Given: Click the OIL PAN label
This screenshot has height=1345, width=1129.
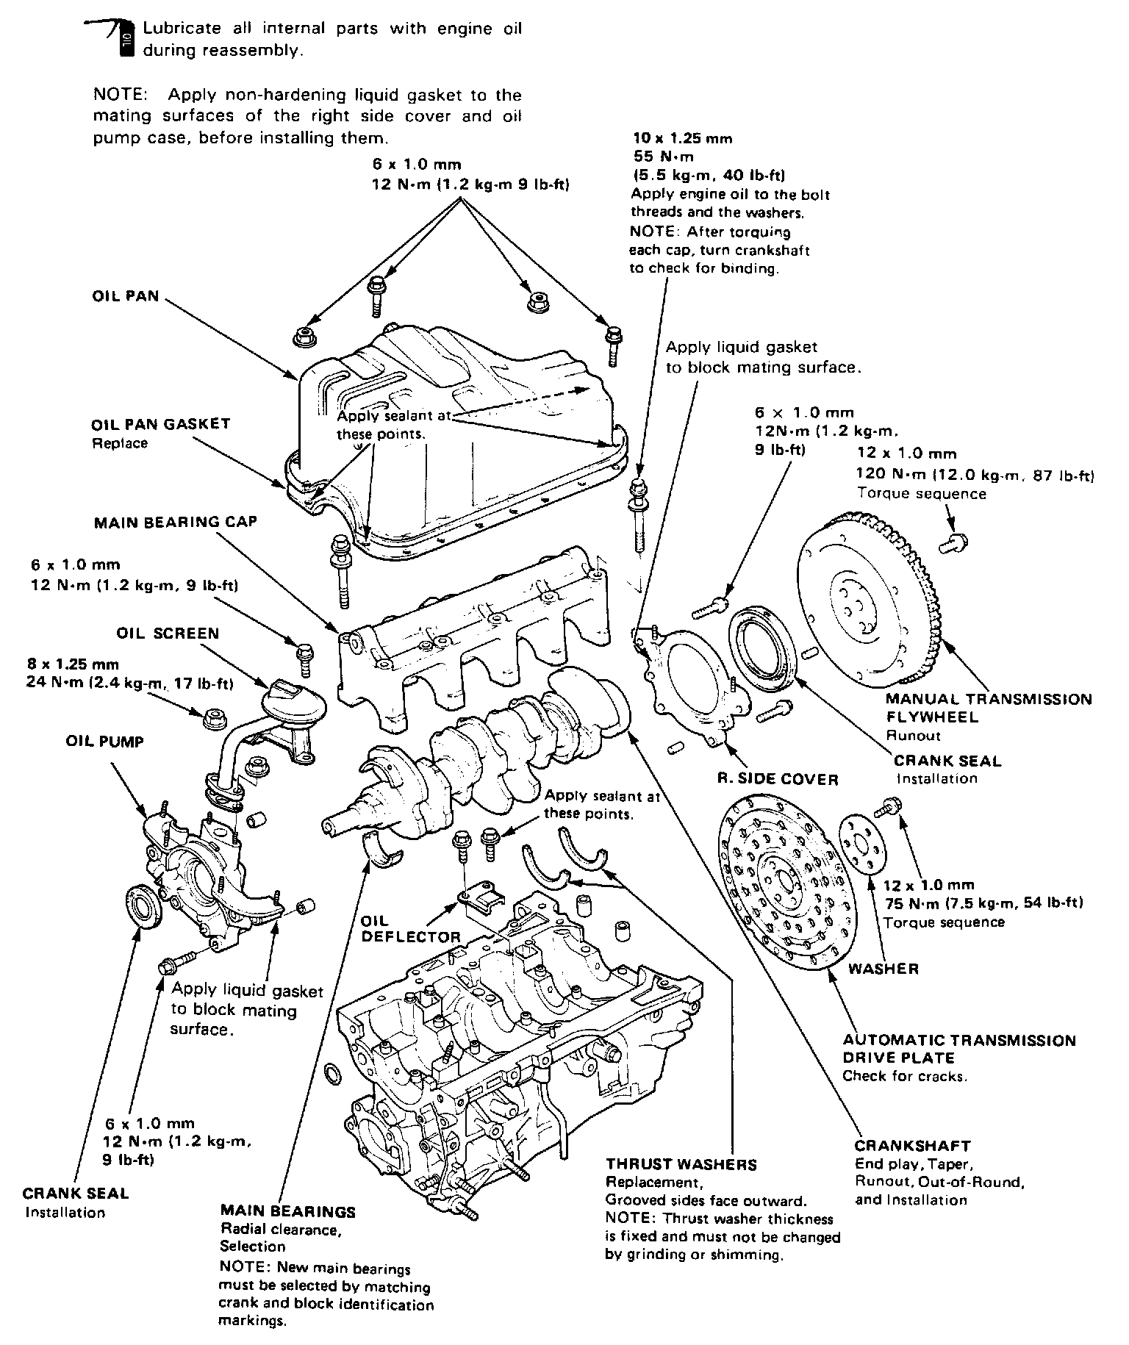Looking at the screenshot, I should click(125, 298).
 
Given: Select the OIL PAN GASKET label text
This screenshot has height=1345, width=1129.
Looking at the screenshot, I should click(161, 425).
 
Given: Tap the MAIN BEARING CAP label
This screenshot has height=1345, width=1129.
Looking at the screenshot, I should click(176, 522).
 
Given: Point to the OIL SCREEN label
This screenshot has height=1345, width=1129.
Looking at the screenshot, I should click(168, 633).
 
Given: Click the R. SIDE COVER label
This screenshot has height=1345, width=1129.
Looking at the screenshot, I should click(778, 779).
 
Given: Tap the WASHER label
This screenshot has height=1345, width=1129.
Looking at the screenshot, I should click(884, 969).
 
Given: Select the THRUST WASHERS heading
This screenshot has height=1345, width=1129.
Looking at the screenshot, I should click(681, 1164).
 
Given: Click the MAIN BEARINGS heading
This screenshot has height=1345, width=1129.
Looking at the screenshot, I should click(287, 1211).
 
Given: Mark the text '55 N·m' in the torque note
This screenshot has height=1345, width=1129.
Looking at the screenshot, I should click(663, 157).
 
